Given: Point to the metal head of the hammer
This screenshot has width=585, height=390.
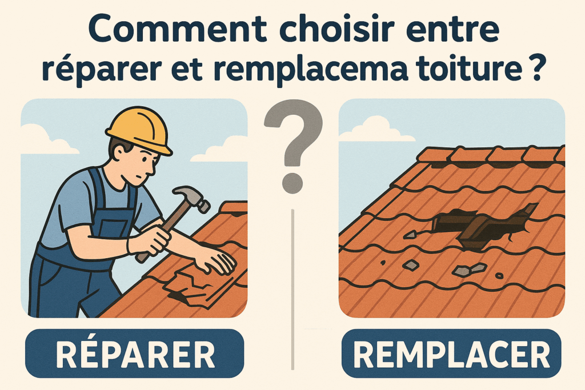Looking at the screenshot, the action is click(x=192, y=198).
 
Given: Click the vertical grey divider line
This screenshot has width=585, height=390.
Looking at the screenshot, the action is click(x=293, y=290).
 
